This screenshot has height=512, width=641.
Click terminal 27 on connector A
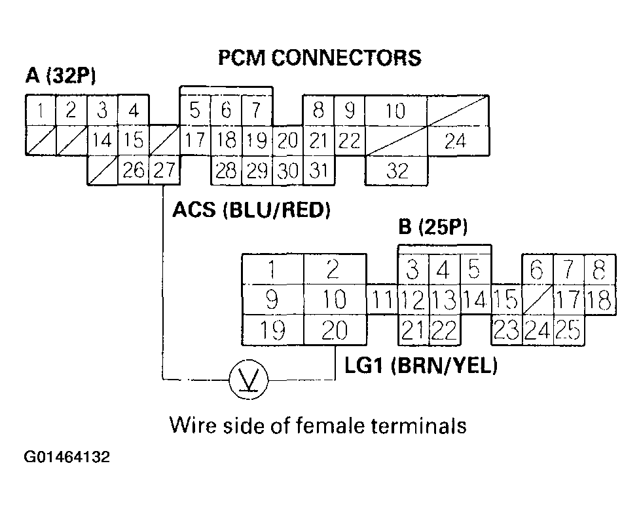click(164, 170)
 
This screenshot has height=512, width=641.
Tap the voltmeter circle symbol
click(247, 380)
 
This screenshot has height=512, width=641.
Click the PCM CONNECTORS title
click(319, 58)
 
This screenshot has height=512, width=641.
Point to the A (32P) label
click(60, 77)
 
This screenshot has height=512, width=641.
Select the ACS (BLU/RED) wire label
click(251, 210)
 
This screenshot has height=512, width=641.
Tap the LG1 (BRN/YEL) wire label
click(421, 366)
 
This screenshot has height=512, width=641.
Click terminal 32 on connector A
click(396, 171)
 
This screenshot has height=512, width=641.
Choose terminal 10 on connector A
click(395, 111)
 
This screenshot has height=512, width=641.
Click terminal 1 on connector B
click(272, 269)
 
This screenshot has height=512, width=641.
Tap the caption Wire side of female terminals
click(318, 425)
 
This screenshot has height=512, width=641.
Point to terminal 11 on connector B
click(382, 300)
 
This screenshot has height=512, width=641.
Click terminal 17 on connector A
click(194, 140)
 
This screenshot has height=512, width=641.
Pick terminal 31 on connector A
click(318, 171)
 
